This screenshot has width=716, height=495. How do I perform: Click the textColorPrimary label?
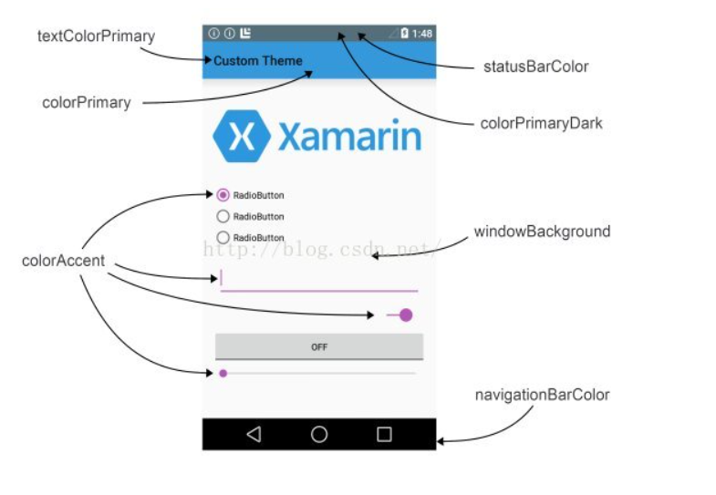96,36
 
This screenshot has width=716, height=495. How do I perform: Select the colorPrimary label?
87,103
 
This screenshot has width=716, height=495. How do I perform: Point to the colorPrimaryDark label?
541,123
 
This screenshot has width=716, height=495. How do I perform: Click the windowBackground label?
542,232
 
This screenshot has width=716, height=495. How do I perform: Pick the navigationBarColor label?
542,395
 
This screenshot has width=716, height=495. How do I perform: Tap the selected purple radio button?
223,195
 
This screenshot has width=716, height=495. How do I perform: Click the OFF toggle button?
319,347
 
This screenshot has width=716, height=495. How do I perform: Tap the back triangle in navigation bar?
254,435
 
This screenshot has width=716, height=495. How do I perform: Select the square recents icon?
384,435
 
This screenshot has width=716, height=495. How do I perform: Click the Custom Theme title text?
258,61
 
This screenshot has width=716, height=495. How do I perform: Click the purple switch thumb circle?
406,315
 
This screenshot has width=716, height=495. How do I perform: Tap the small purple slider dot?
223,373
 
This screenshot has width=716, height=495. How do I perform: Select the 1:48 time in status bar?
422,34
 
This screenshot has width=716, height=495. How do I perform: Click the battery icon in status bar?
404,34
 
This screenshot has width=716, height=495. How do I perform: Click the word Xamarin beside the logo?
349,137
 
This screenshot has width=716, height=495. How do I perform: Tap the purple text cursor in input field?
222,277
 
